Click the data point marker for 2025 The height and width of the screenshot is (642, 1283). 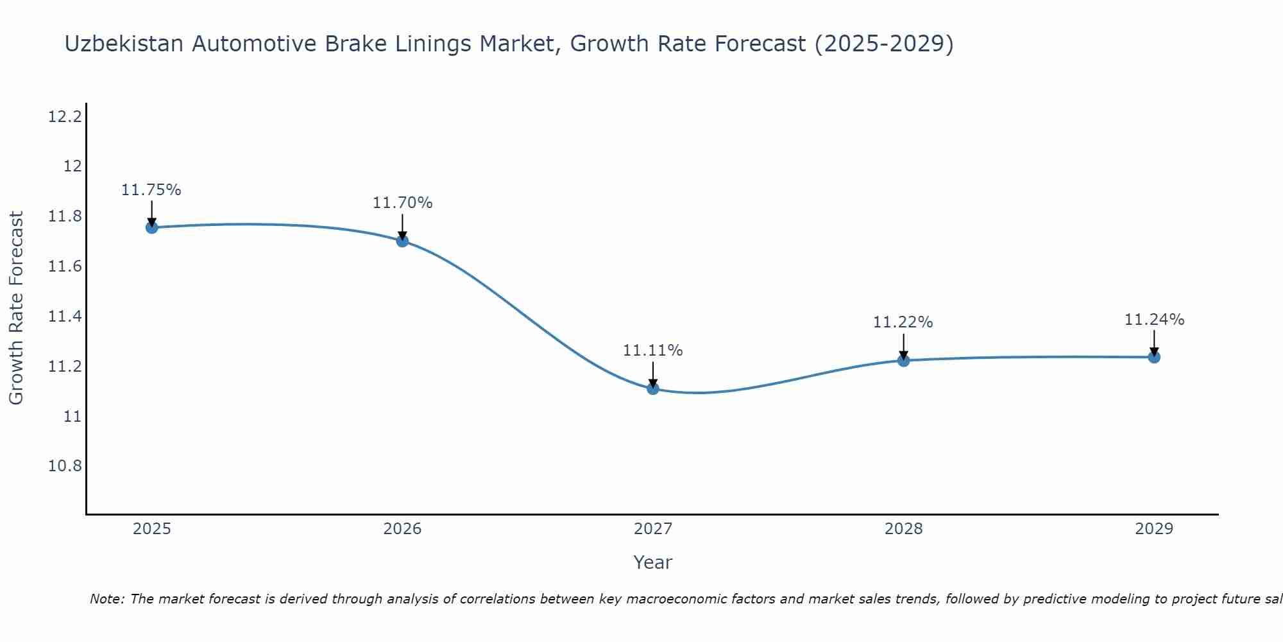[x=151, y=227]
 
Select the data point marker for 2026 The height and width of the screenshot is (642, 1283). [x=402, y=241]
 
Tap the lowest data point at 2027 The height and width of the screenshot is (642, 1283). [x=653, y=388]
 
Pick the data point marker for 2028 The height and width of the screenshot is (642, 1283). [x=903, y=361]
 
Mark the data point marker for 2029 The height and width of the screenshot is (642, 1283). [x=1154, y=357]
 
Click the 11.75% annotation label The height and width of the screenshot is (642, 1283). [x=151, y=190]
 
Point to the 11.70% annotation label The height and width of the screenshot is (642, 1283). [x=402, y=203]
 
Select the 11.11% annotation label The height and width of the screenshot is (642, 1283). [x=653, y=351]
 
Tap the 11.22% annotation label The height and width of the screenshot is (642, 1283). [x=903, y=322]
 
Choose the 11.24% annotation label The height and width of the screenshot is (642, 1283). [x=1154, y=320]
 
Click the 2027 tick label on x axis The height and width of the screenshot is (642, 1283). [x=653, y=529]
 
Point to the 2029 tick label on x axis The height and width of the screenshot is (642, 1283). [x=1154, y=529]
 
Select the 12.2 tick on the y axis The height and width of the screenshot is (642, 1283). [x=65, y=117]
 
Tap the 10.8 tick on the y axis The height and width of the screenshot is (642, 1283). [x=65, y=466]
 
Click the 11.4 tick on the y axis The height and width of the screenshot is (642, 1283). [x=65, y=317]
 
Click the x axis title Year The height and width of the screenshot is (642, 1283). [x=653, y=562]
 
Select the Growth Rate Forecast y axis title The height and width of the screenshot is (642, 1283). [x=16, y=308]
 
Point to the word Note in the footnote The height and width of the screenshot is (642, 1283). [x=106, y=599]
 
